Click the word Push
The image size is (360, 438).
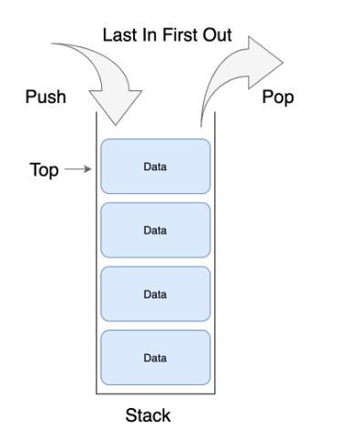(46, 97)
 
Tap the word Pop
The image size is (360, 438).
(278, 97)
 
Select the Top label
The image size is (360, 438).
(44, 169)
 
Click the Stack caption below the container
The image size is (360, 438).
(148, 415)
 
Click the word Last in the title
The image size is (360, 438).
(120, 35)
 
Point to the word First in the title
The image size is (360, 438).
(180, 35)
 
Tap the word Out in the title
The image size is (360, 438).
(218, 35)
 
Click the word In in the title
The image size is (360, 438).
(149, 35)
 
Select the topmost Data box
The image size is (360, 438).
(155, 167)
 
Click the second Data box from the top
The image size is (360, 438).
(155, 230)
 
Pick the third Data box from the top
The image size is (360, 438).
(155, 294)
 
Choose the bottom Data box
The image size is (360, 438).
(155, 358)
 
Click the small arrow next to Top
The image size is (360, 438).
(78, 169)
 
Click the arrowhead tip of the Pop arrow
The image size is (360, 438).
(283, 63)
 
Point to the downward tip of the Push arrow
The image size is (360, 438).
(116, 125)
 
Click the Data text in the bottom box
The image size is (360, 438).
(155, 358)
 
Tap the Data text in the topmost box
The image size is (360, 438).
(155, 167)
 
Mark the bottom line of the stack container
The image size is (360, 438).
(156, 394)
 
